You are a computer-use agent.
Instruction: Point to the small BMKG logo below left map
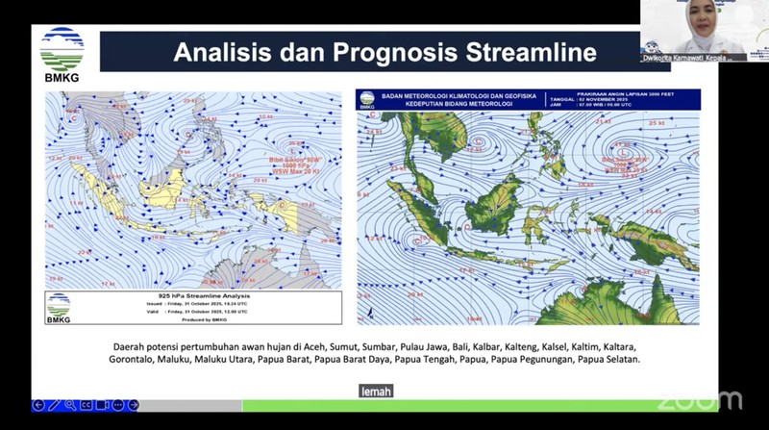pos(59,306)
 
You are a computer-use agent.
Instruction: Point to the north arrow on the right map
pos(368,312)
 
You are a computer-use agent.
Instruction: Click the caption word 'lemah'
pos(377,391)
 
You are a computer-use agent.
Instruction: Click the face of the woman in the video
pos(694,20)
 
